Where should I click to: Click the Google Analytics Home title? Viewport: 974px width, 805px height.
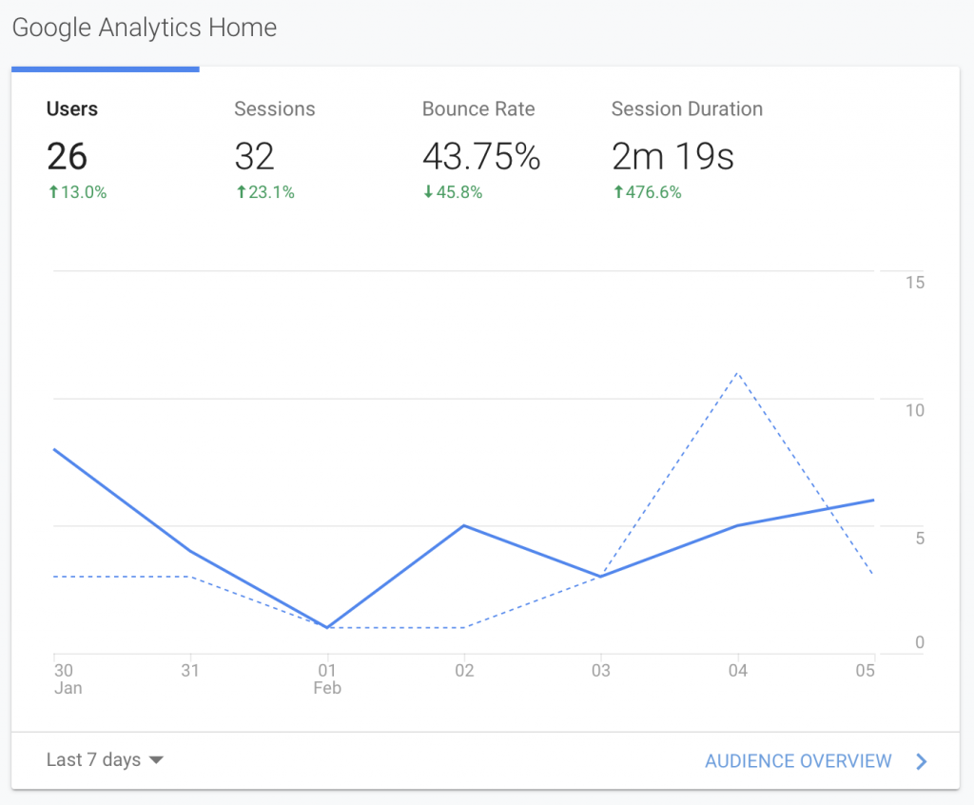(145, 29)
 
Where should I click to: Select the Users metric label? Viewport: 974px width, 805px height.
(72, 109)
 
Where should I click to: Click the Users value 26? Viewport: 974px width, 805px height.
(67, 156)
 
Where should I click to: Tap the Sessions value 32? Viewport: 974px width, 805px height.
(254, 156)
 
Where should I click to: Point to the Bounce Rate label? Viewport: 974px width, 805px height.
(478, 109)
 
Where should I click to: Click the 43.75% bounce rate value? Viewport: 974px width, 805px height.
(481, 156)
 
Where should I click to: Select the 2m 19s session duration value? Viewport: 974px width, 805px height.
(672, 156)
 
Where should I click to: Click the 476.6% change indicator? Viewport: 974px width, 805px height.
(648, 192)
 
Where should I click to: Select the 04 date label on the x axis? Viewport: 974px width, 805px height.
(737, 671)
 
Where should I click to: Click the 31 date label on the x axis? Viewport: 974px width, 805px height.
(190, 671)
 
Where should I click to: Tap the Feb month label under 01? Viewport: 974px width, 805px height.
(326, 688)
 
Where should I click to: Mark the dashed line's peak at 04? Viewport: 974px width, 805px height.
(737, 373)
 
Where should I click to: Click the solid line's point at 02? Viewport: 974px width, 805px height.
(464, 525)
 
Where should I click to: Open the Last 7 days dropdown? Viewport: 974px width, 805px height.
(105, 760)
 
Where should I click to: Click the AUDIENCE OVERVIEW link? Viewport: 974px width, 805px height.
(798, 761)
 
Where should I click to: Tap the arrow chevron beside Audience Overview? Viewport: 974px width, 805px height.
(921, 761)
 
